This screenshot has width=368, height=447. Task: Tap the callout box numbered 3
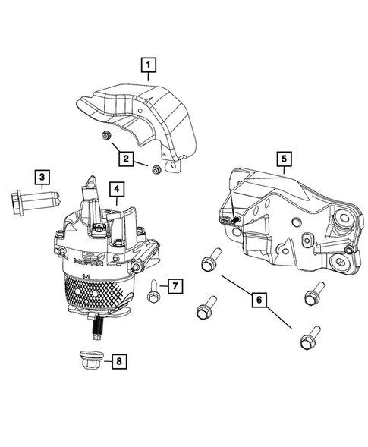point(42,178)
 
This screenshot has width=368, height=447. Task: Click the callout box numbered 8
point(118,361)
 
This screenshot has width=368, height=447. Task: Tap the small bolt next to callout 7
point(153,289)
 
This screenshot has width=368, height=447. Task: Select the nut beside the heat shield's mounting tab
point(156,168)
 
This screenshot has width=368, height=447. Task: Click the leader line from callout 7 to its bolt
point(162,287)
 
